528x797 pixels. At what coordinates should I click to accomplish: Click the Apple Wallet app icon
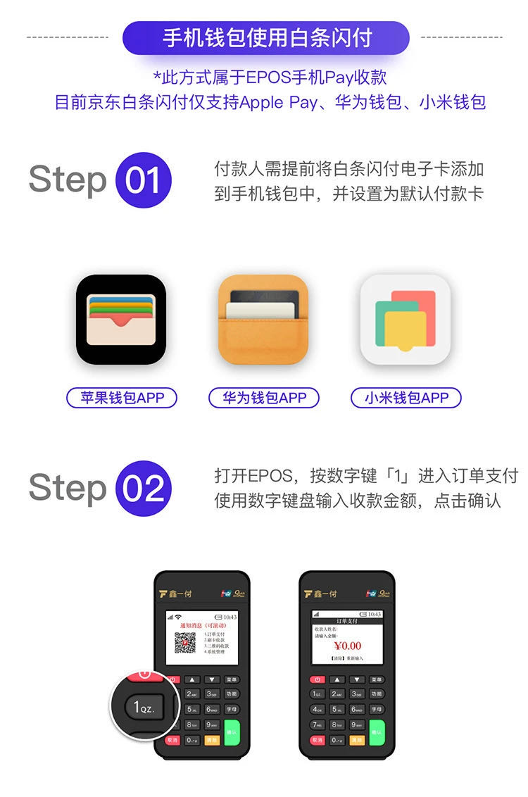[121, 320]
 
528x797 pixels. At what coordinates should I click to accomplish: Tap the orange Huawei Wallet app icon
[263, 320]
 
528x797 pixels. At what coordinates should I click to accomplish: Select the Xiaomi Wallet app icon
[406, 320]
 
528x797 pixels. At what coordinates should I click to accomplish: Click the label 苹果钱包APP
[122, 398]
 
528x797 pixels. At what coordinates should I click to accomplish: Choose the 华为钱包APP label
[264, 398]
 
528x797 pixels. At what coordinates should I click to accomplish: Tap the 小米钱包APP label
[406, 398]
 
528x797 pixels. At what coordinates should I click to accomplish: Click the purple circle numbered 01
[144, 180]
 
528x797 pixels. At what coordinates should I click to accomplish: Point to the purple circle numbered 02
[144, 489]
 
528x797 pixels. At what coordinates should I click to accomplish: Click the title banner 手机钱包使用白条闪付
[265, 38]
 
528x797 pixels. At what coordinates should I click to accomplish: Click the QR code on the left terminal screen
[184, 643]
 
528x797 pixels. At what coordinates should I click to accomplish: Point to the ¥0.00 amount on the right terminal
[347, 646]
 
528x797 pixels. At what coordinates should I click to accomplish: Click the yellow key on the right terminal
[356, 740]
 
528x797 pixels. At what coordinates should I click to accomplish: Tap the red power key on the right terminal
[317, 679]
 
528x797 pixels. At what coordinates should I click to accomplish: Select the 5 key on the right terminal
[337, 710]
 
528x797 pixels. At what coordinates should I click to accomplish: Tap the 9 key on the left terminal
[212, 724]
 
